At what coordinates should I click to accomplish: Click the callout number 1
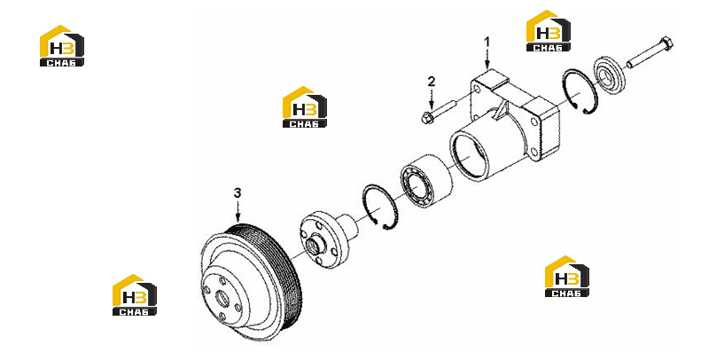(x=487, y=42)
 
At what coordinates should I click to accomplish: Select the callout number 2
(x=431, y=82)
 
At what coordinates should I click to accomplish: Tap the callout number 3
(x=238, y=192)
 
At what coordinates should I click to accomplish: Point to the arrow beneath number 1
(x=487, y=59)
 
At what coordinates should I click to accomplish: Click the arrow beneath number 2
(x=431, y=98)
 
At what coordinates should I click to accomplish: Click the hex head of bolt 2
(x=426, y=118)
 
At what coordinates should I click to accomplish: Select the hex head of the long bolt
(x=666, y=43)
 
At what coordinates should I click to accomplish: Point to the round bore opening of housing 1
(x=469, y=157)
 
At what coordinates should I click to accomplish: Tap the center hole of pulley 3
(x=222, y=298)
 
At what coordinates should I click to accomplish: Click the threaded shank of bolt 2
(x=443, y=109)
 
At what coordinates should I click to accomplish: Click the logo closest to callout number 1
(x=548, y=30)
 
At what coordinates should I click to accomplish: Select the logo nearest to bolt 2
(x=305, y=107)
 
